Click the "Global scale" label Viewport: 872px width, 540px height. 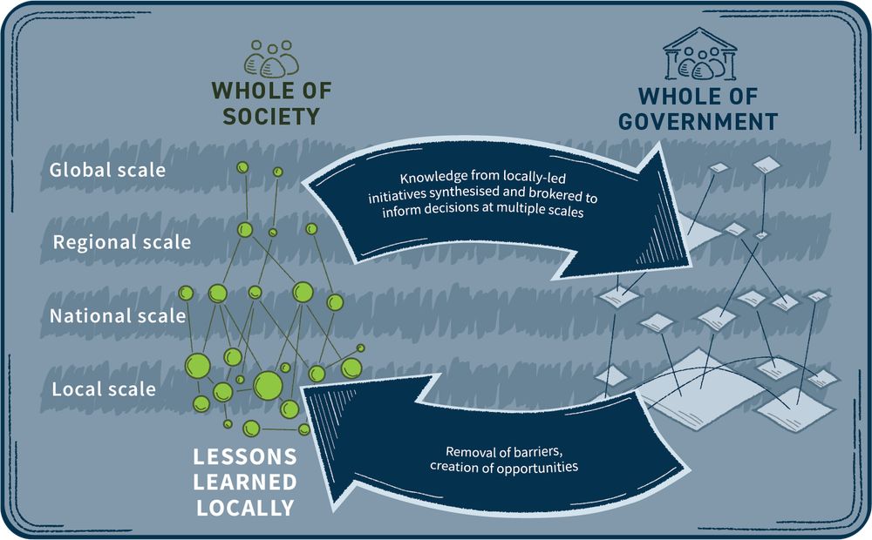point(107,170)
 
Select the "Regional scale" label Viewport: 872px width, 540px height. point(122,242)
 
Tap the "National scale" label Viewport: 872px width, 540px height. point(118,315)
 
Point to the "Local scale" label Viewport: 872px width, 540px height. point(104,389)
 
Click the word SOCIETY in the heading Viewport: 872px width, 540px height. point(271,116)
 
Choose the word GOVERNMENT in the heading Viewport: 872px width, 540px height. point(698,122)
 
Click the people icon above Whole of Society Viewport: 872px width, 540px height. point(271,58)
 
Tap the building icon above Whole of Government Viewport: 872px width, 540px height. point(699,54)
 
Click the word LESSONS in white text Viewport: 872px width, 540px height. point(245,456)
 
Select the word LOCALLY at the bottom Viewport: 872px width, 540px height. point(245,508)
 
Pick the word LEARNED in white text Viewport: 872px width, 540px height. point(245,483)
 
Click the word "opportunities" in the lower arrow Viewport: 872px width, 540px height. point(538,467)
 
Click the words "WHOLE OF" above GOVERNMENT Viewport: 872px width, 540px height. point(698,96)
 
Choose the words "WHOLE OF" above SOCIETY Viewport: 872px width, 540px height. point(271,91)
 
